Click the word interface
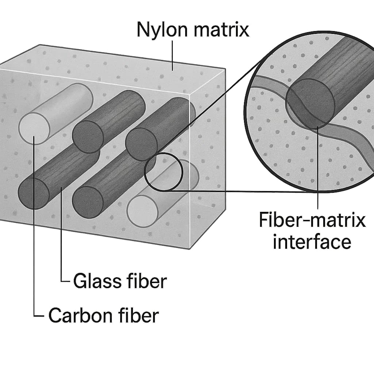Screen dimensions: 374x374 coord(312,241)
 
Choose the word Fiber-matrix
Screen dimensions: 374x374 coord(312,221)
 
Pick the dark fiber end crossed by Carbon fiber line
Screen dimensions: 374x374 coord(34,194)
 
